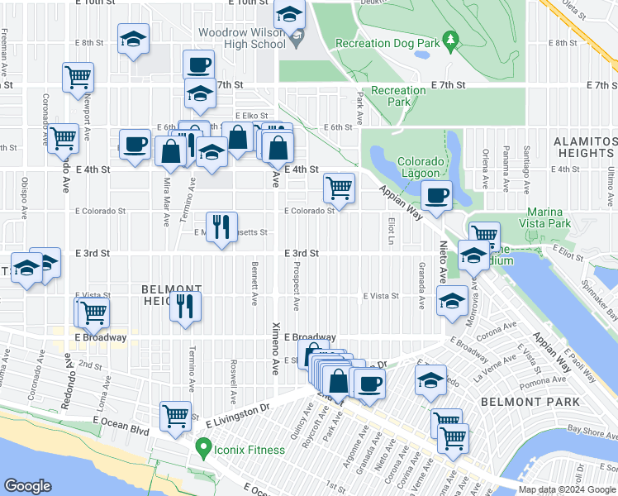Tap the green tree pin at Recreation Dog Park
[x=450, y=39]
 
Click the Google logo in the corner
[x=28, y=486]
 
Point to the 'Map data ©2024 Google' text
[x=567, y=490]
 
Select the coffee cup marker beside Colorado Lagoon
[x=436, y=196]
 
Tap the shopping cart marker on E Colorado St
[x=339, y=188]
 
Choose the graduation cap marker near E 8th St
[x=132, y=38]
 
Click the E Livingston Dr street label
[x=241, y=408]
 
